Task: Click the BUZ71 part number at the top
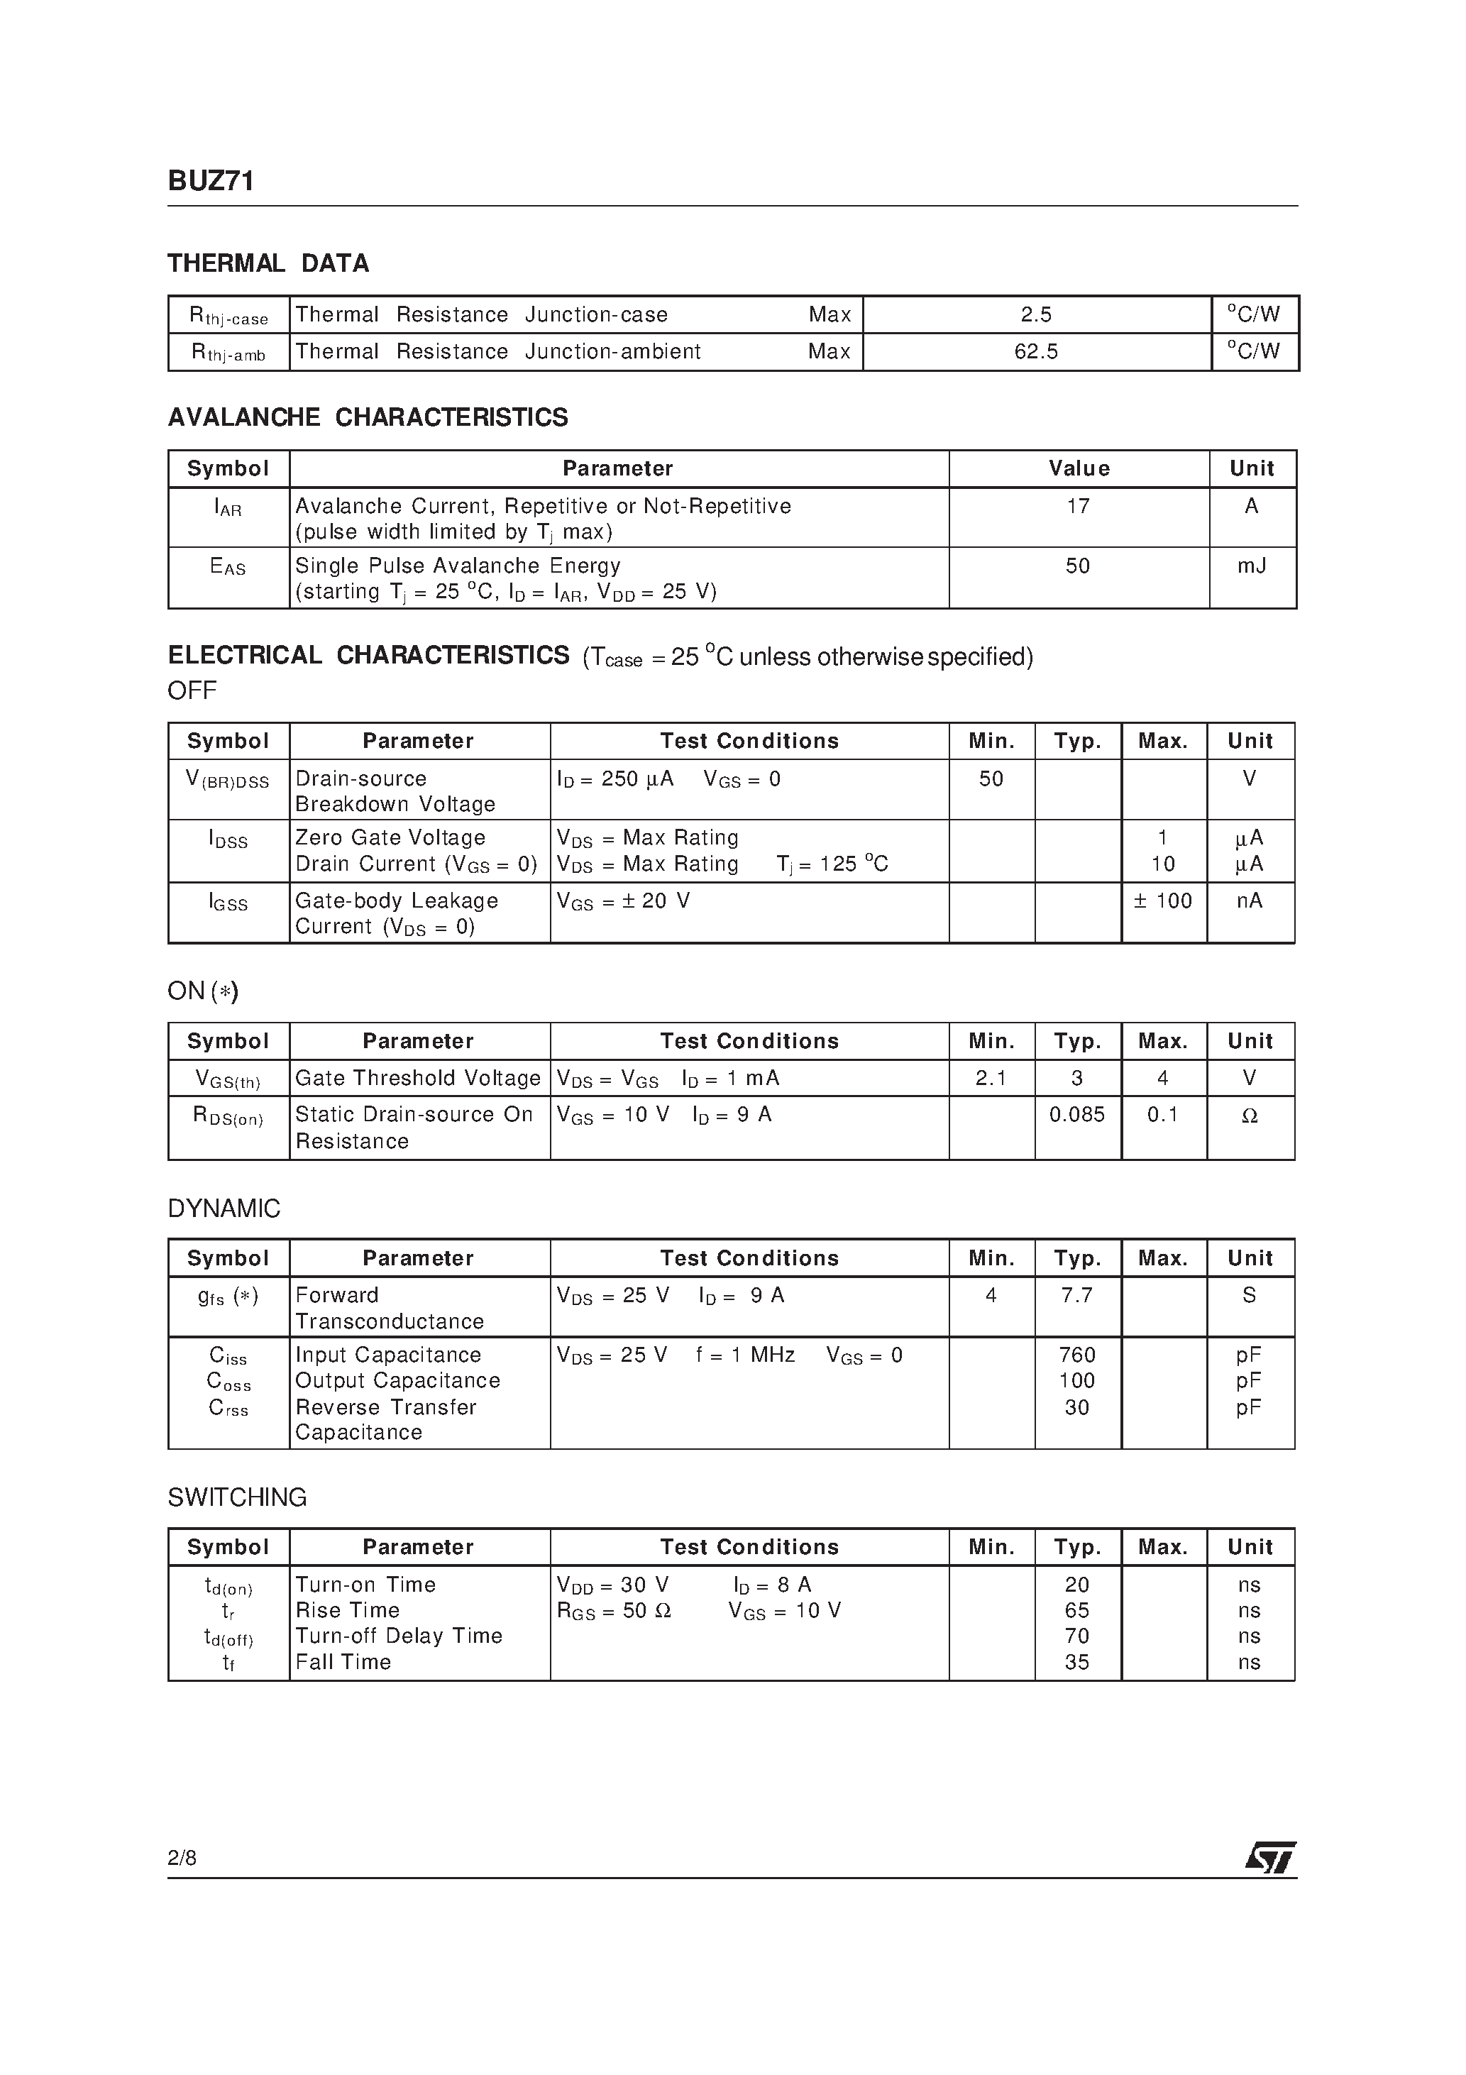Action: [x=211, y=182]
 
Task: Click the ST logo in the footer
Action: [x=1270, y=1857]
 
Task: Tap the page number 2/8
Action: [x=182, y=1857]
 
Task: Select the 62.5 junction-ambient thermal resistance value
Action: [x=1036, y=351]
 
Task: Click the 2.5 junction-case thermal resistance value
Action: [x=1036, y=314]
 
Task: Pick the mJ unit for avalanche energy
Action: [x=1251, y=566]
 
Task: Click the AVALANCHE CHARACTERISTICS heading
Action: [x=368, y=417]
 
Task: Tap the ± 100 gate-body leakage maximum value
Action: [x=1162, y=901]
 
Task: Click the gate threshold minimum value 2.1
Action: [x=991, y=1078]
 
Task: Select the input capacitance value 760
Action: [x=1076, y=1355]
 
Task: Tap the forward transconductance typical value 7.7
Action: [x=1076, y=1296]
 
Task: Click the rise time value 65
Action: [x=1076, y=1610]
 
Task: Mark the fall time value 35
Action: [x=1076, y=1662]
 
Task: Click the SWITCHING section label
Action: [x=237, y=1497]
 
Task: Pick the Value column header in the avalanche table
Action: [x=1079, y=468]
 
